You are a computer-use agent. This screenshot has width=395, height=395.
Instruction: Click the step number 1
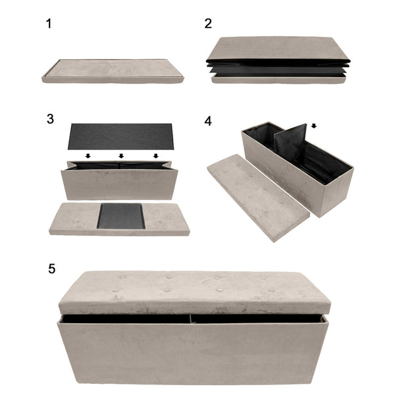(48, 24)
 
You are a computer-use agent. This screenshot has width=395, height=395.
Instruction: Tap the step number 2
(208, 24)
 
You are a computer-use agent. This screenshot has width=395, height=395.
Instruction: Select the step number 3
(50, 119)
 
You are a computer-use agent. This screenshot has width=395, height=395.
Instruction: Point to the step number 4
(208, 122)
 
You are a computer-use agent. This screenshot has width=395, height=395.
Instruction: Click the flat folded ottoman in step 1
(113, 70)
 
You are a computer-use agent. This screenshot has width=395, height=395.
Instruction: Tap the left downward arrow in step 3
(87, 156)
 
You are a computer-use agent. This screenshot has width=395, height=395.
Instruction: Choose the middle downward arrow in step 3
(121, 156)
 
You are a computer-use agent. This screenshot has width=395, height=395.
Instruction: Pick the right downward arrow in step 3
(155, 156)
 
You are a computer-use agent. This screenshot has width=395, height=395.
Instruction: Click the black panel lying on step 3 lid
(121, 217)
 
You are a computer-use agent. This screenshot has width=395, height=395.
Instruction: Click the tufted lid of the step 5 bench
(194, 290)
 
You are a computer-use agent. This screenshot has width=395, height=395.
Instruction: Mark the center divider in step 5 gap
(192, 318)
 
